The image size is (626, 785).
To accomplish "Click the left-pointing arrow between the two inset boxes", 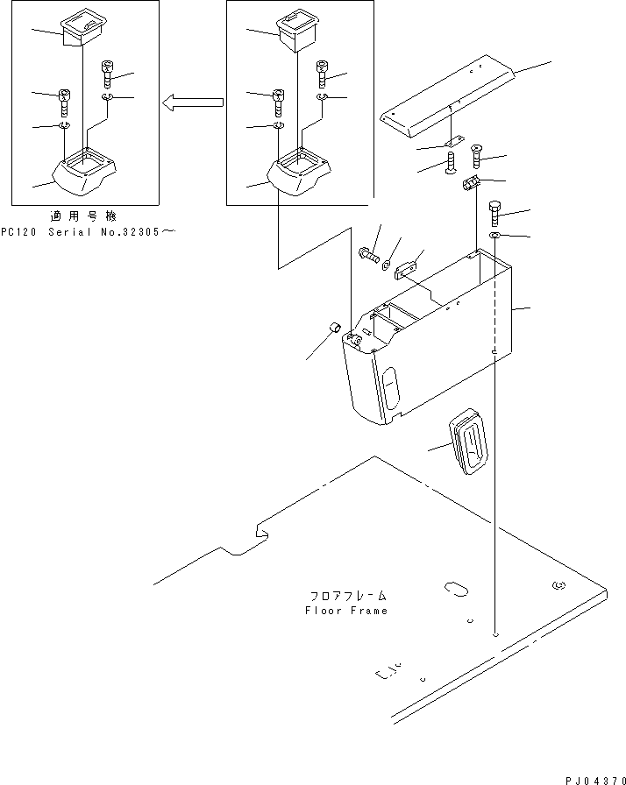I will pos(192,103).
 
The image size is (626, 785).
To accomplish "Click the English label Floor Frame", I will pos(345,611).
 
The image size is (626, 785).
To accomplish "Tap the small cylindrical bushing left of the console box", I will pos(334,329).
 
